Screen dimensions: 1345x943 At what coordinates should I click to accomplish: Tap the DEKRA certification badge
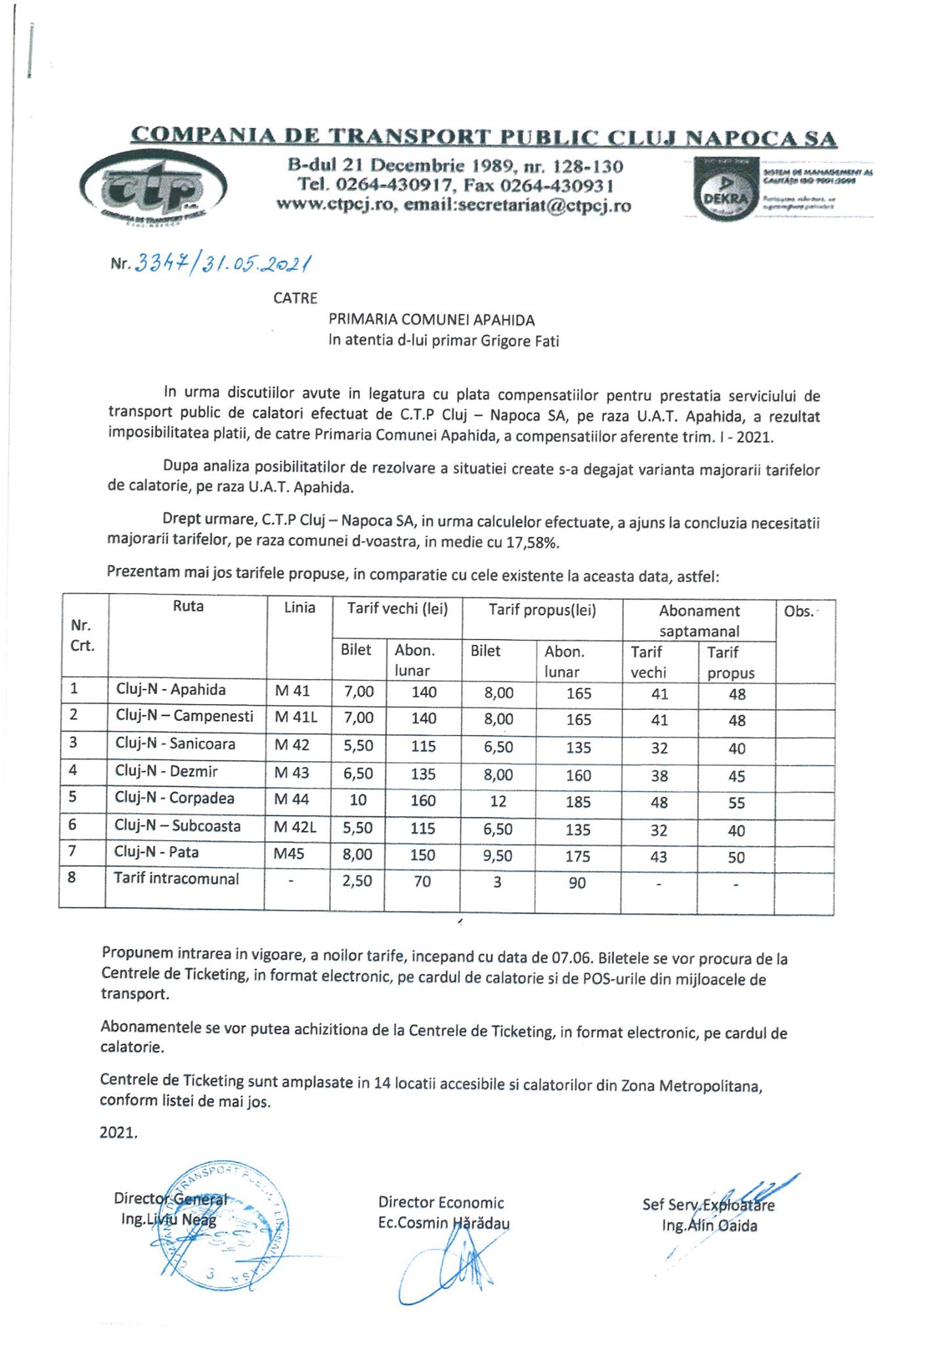point(721,188)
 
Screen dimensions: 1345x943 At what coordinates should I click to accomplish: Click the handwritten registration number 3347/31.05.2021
point(222,264)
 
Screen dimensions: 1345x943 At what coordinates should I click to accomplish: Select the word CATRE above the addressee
point(296,298)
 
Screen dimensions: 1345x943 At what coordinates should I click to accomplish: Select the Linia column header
point(299,608)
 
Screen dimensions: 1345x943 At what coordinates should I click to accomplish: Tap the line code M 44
point(292,799)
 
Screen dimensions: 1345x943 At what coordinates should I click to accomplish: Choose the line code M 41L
point(296,717)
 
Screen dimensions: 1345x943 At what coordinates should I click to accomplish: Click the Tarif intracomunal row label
point(176,879)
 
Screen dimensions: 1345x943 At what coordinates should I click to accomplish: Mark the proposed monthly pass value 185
point(578,802)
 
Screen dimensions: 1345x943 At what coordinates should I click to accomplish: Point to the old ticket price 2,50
point(358,881)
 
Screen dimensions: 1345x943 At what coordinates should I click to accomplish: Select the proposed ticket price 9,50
point(498,856)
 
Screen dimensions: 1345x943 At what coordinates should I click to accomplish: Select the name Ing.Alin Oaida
point(710,1225)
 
